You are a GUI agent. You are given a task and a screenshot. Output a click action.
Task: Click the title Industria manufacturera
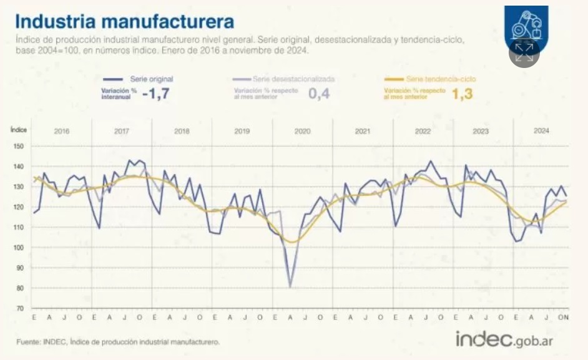pos(124,21)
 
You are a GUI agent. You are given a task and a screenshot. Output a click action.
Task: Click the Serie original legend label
pos(151,79)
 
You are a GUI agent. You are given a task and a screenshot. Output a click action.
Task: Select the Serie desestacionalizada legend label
pos(293,79)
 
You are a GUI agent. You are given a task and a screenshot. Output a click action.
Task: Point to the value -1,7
pos(156,95)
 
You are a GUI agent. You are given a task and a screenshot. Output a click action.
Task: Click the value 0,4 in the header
pos(318,95)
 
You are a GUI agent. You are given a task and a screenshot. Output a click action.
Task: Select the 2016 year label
pos(61,132)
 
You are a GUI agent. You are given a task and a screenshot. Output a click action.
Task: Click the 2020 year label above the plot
pos(302,132)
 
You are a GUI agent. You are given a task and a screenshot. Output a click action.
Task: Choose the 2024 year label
pos(541,131)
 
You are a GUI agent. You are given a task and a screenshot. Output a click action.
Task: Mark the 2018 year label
pos(182,132)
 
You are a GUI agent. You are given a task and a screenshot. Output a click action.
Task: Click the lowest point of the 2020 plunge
pos(290,287)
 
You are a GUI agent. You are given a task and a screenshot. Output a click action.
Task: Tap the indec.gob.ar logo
pos(504,340)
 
